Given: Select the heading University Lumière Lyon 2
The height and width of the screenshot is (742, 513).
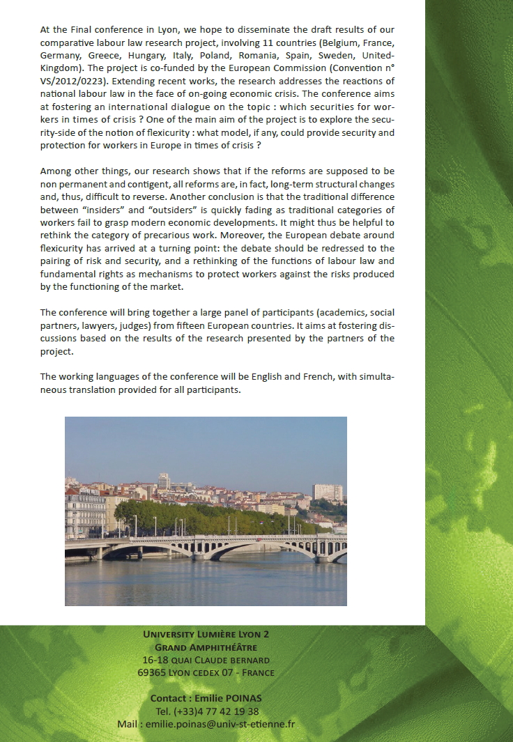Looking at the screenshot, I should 206,634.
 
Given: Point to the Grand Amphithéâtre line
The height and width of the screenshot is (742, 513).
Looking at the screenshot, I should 206,647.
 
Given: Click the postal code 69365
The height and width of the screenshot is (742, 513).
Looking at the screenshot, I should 152,672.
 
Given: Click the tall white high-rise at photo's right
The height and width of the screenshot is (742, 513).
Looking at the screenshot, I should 327,492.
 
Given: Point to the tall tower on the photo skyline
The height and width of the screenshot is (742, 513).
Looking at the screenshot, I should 163,481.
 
